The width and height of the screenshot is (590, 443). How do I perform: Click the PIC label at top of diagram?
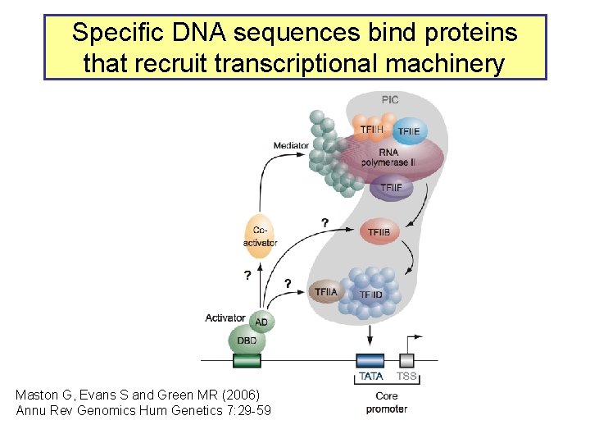point(390,99)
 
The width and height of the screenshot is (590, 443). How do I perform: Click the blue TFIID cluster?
point(370,293)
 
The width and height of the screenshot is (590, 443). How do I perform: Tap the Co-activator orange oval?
point(260,236)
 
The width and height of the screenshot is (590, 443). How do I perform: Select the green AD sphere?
point(261,322)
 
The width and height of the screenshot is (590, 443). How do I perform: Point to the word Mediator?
point(291,146)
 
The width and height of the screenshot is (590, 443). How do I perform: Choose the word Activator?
point(225,317)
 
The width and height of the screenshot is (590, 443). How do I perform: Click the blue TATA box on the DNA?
point(370,359)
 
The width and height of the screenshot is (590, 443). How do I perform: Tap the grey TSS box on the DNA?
point(406,359)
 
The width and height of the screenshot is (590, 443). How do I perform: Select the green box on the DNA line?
point(247,360)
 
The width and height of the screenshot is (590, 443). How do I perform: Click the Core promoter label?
point(387,402)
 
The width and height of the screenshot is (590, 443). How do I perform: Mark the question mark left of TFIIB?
point(325,223)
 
